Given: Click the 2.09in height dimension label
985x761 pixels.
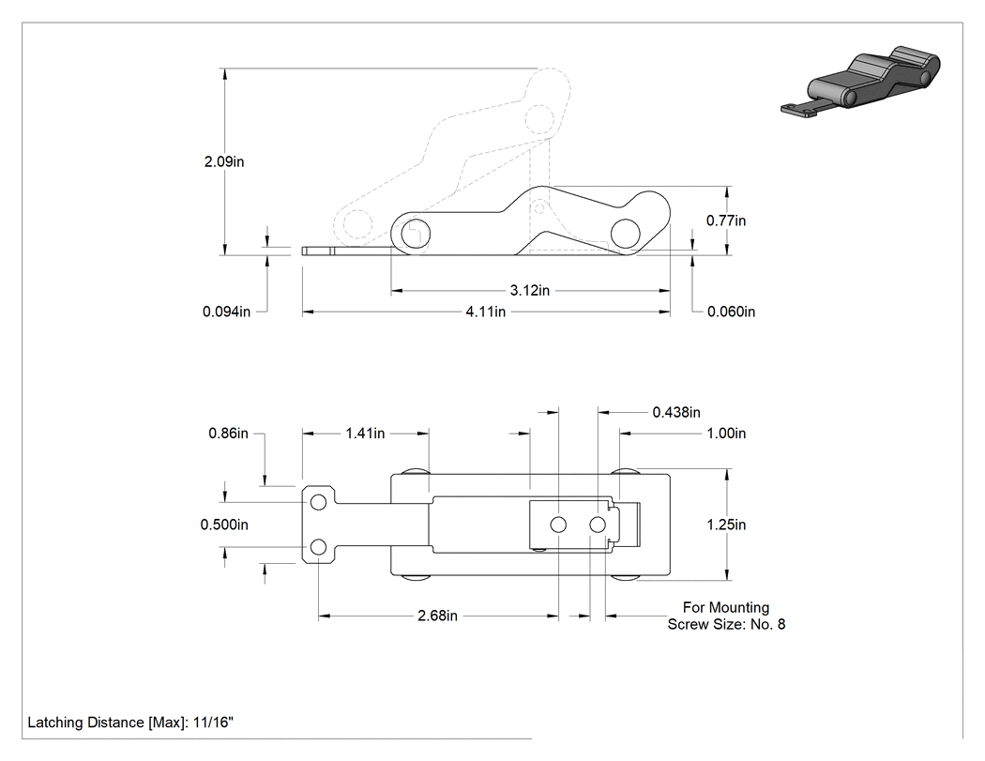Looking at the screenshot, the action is click(x=224, y=161).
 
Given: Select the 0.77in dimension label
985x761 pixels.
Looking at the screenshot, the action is click(x=726, y=221).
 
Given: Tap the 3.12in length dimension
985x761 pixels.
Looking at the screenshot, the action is click(x=530, y=290).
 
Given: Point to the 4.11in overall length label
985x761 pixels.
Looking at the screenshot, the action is click(x=486, y=312).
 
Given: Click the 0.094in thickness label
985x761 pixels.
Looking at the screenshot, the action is click(x=226, y=312).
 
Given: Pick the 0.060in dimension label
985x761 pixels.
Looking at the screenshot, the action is click(x=731, y=312).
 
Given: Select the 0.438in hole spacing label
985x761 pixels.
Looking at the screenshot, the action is click(x=676, y=412).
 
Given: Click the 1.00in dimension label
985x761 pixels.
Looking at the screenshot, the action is click(x=726, y=434).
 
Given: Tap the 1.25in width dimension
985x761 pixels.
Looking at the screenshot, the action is click(x=726, y=525).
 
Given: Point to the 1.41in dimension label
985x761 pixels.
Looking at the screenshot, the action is click(x=365, y=434).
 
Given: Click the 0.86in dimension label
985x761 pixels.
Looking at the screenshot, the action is click(x=229, y=434).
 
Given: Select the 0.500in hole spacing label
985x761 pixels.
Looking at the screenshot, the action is click(x=224, y=525).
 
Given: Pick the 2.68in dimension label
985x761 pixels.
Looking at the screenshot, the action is click(x=438, y=616).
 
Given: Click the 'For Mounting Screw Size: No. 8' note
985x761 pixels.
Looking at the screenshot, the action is click(x=726, y=616).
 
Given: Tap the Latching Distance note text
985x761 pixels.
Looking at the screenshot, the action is click(x=130, y=723).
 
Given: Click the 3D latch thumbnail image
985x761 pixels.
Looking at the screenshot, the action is click(x=860, y=82).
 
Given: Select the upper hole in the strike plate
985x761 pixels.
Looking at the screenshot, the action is click(x=319, y=502).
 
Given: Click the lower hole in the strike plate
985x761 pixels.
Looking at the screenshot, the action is click(x=319, y=547).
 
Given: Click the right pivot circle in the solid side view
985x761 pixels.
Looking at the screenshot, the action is click(x=625, y=233).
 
